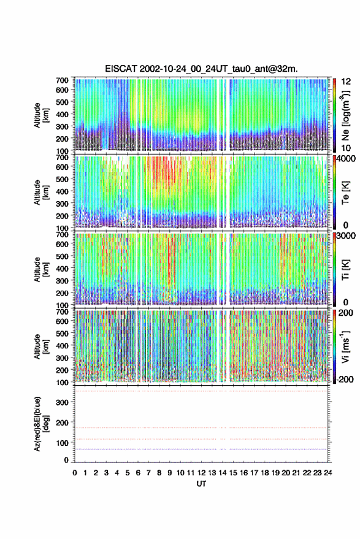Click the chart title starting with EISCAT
click(x=201, y=69)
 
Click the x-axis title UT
click(x=201, y=484)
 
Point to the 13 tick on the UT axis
click(x=212, y=473)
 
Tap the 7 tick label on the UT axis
click(x=148, y=473)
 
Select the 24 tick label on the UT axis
click(x=327, y=473)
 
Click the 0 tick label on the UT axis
click(x=75, y=473)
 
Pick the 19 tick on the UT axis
click(x=275, y=473)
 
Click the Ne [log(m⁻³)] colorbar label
click(x=345, y=115)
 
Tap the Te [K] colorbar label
click(x=345, y=193)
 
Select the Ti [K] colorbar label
click(x=345, y=270)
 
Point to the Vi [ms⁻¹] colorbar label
click(x=345, y=346)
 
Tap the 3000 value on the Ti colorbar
click(x=346, y=235)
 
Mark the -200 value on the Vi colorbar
click(x=344, y=379)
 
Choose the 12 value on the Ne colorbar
click(x=346, y=82)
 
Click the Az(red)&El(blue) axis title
click(x=41, y=424)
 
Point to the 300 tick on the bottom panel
click(x=62, y=402)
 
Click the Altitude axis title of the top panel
click(x=41, y=115)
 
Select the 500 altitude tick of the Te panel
click(x=62, y=179)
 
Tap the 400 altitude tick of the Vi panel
click(x=62, y=345)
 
